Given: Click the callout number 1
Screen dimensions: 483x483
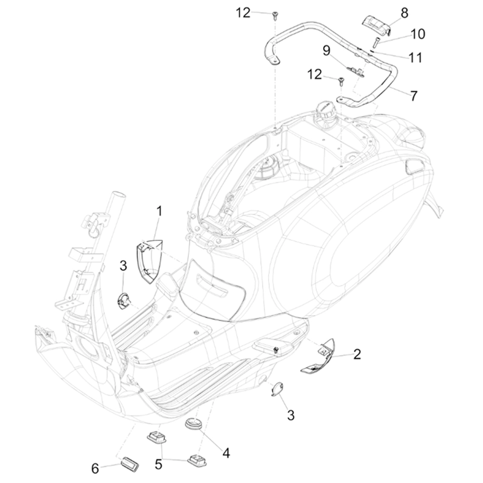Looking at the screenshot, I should point(159,211).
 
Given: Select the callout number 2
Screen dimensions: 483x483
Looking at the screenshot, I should point(357,354).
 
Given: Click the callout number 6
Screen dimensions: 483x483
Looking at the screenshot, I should point(95,468).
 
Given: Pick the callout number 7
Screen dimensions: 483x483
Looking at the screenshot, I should point(414,95).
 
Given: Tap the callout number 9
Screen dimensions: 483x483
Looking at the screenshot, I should point(326,51).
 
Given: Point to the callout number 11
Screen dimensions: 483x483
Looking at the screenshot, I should point(415,58).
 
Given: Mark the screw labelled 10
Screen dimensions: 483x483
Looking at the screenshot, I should point(375,42).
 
